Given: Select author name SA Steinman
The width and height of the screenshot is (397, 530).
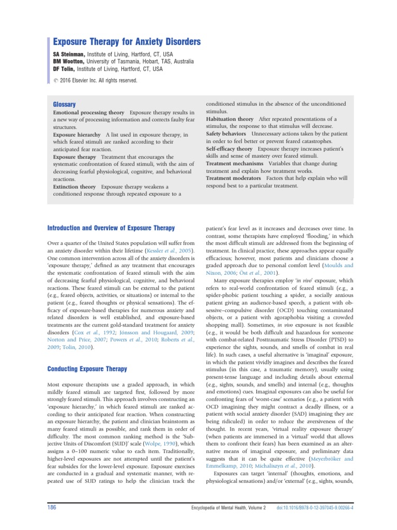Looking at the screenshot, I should click(69, 54).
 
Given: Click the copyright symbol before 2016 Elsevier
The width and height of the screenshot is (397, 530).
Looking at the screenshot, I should click(56, 81).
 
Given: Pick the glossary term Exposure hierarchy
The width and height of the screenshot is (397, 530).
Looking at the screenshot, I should click(77, 134).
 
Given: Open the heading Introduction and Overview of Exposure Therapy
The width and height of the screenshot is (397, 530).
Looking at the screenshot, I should click(111, 228).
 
